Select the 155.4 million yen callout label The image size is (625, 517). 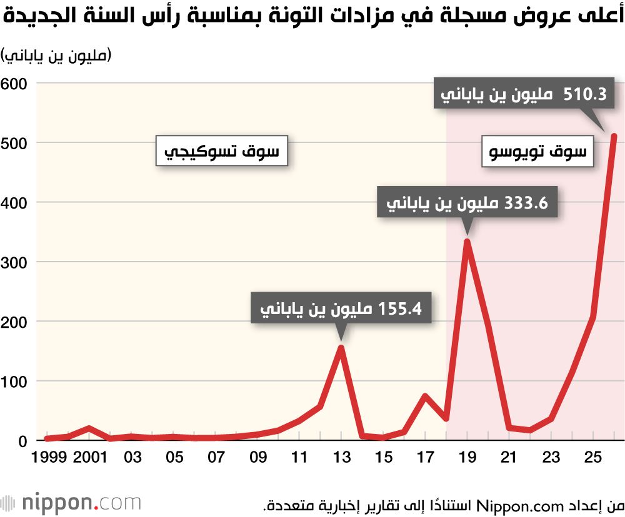coord(341,308)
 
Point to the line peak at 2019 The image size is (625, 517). coord(467,241)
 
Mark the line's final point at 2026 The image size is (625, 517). coord(614,136)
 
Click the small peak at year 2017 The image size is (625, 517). coord(425,396)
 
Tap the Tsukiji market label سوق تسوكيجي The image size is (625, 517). coord(221,151)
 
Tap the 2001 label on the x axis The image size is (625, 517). coord(90,456)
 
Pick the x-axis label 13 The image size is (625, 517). coord(341,456)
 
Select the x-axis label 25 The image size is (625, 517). coord(592,456)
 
